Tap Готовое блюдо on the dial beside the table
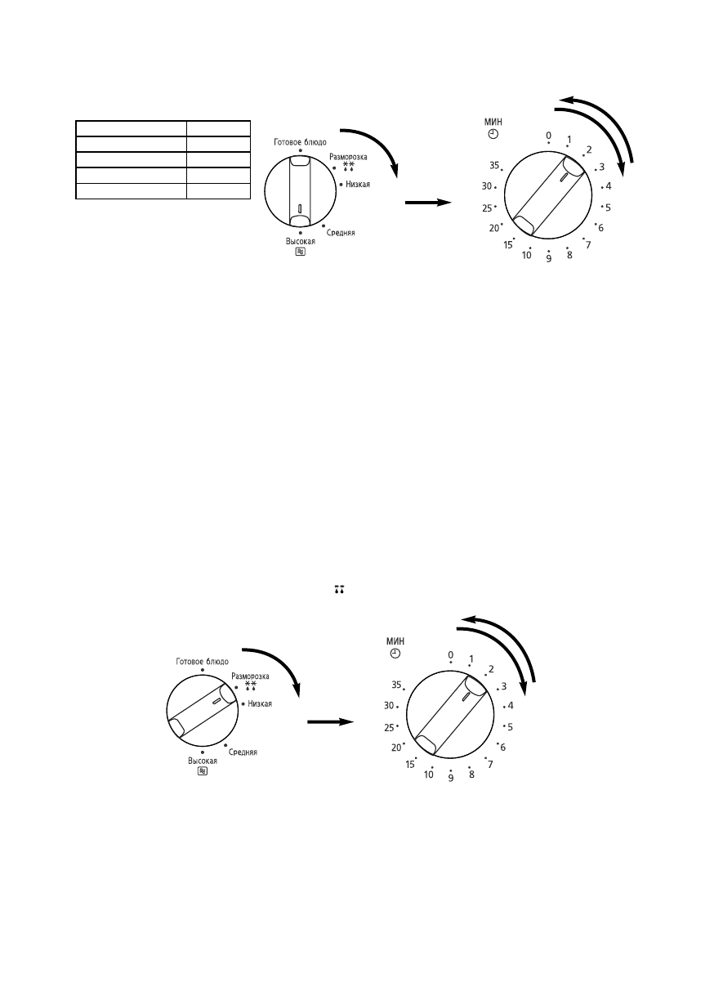tap(300, 142)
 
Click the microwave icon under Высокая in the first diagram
tap(300, 252)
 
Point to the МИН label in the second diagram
tap(396, 641)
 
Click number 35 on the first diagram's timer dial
tap(494, 165)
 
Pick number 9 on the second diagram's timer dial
tap(450, 779)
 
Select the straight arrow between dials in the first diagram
tap(429, 203)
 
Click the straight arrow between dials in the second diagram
tap(330, 721)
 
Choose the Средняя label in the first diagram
tap(341, 234)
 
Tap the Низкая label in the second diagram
tap(259, 703)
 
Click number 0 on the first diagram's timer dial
tap(548, 136)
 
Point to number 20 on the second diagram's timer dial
tap(396, 747)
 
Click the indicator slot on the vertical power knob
tap(300, 209)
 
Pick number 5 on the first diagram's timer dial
tap(608, 208)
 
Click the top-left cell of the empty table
tap(131, 128)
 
